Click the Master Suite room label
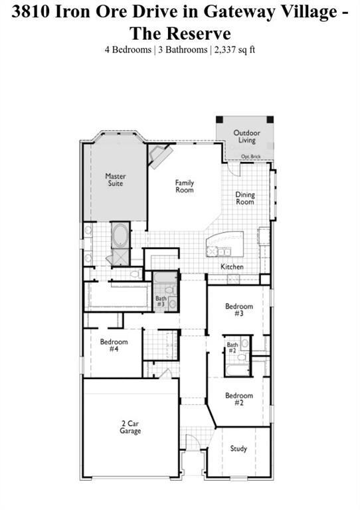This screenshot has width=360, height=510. coord(116,180)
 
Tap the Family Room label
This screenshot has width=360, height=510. coord(185,187)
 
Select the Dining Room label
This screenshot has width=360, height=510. coord(245,198)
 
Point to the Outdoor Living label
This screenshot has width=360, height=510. coord(247,137)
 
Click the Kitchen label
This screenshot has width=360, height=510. coord(232,267)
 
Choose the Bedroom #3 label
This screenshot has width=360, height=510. coord(239,309)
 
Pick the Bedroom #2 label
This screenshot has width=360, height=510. coord(239,399)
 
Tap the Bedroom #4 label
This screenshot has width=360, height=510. coord(114,345)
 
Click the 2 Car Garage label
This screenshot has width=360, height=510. coord(130,428)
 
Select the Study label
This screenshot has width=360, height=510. coord(238,449)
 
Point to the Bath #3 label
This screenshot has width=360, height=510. coord(161,301)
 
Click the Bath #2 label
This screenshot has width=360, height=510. coord(232,347)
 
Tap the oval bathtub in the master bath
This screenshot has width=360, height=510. coord(120,235)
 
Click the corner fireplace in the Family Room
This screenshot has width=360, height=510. coord(160,155)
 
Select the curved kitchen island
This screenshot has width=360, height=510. coord(225,244)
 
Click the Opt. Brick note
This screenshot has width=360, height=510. coord(250,157)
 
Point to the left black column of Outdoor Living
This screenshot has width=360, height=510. coord(219,120)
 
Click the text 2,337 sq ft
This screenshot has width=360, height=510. coord(234,50)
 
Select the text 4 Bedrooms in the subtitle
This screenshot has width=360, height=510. coord(128,50)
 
